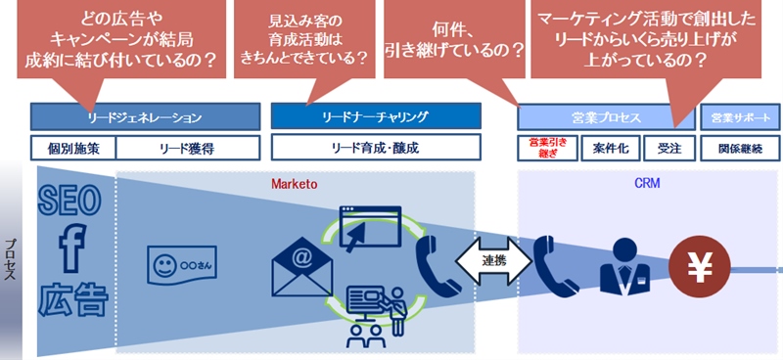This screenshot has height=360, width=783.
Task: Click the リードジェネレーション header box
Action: click(x=145, y=117)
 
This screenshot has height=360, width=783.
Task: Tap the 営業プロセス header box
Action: click(x=607, y=117)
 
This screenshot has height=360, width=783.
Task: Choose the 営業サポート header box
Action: click(x=740, y=117)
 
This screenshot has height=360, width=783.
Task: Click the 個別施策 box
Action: click(x=73, y=149)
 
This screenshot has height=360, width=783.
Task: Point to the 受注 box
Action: click(x=670, y=149)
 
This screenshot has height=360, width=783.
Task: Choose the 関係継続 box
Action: click(x=740, y=149)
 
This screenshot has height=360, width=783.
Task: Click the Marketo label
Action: click(x=295, y=183)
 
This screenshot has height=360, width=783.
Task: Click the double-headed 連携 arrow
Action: click(x=493, y=261)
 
